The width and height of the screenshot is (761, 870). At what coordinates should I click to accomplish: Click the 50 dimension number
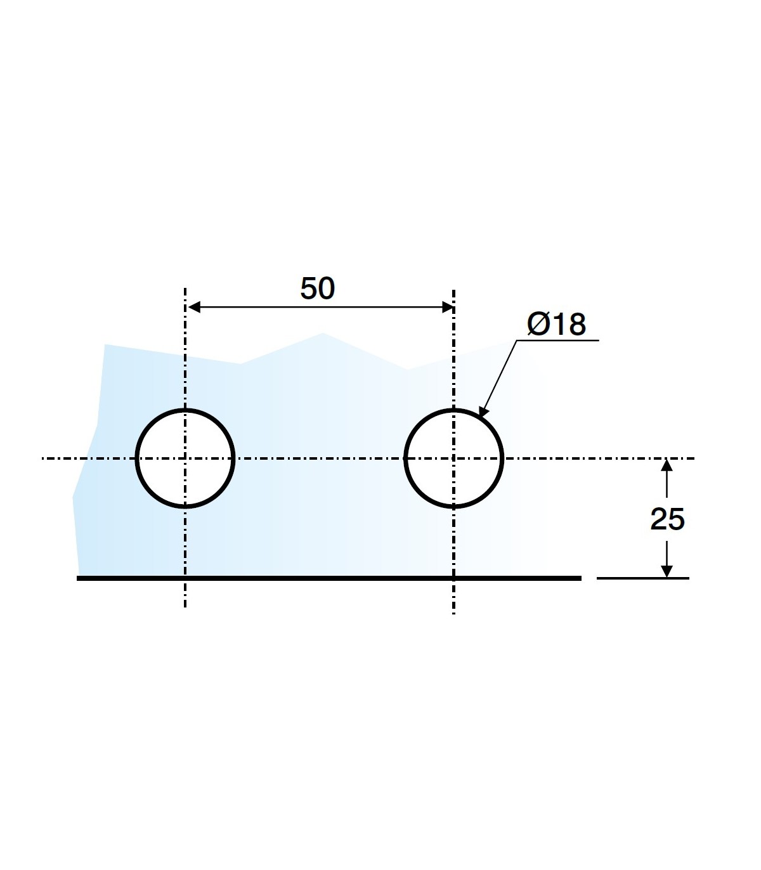[x=318, y=289]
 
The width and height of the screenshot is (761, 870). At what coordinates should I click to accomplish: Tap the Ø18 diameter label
[x=556, y=324]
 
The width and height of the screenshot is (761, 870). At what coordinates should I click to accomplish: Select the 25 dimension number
[x=668, y=519]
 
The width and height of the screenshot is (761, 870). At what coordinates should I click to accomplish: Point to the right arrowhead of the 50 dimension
[x=448, y=308]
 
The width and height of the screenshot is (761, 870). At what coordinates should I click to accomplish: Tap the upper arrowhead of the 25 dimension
[x=667, y=465]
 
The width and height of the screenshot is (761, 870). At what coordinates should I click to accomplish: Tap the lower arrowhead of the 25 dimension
[x=667, y=571]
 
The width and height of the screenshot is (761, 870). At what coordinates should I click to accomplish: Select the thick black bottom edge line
[x=317, y=578]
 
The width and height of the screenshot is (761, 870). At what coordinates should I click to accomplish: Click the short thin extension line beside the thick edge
[x=642, y=578]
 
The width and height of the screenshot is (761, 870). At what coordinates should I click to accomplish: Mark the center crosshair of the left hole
[x=185, y=458]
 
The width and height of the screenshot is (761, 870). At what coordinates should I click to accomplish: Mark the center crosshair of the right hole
[x=453, y=458]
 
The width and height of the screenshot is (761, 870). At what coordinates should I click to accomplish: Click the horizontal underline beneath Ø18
[x=558, y=341]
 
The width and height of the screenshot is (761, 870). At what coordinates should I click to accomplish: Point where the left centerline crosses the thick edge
[x=185, y=578]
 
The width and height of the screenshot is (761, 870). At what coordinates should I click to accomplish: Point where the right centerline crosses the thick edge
[x=453, y=578]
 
